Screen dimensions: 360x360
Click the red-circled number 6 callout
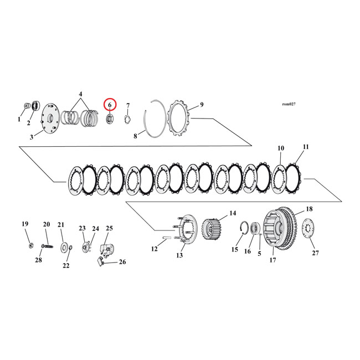coord(110,104)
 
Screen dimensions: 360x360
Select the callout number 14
coord(232,212)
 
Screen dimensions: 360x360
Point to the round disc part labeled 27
coord(308,232)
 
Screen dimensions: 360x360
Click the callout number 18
coord(309,210)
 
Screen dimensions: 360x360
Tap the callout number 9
coord(202,104)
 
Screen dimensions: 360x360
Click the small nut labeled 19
coord(30,245)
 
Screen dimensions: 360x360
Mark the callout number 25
coord(109,228)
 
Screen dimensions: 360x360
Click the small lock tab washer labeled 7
coord(127,118)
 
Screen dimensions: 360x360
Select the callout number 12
coord(155,249)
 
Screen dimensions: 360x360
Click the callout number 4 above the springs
coord(81,94)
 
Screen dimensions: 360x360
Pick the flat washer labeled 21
coord(64,246)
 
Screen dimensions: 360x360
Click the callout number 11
coord(306,147)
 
